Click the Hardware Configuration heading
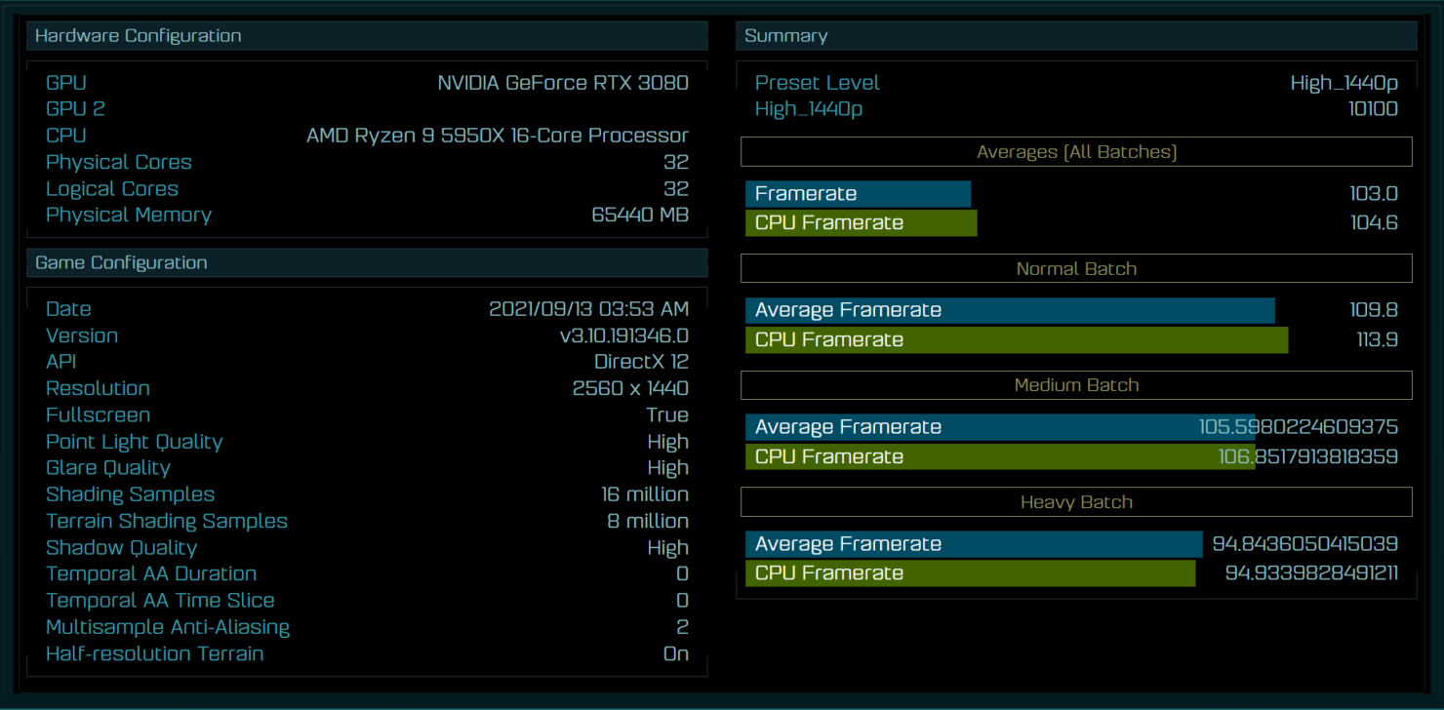click(138, 35)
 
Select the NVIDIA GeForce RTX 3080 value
click(563, 83)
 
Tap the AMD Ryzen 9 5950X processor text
click(497, 136)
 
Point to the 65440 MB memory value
click(639, 215)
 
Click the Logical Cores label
click(112, 189)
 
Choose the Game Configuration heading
click(121, 262)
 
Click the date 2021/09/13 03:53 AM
click(588, 309)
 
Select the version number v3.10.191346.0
click(624, 335)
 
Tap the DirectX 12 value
click(641, 362)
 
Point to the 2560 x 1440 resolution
click(630, 388)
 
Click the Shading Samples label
click(130, 494)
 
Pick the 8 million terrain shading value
click(647, 521)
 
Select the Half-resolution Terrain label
click(155, 653)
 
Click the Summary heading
click(785, 35)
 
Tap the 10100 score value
click(1373, 109)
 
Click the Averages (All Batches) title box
click(1076, 152)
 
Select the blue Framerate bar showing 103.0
click(858, 193)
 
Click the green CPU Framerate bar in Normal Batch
click(1017, 339)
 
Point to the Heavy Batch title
click(1076, 502)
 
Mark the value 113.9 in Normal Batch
click(1377, 339)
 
